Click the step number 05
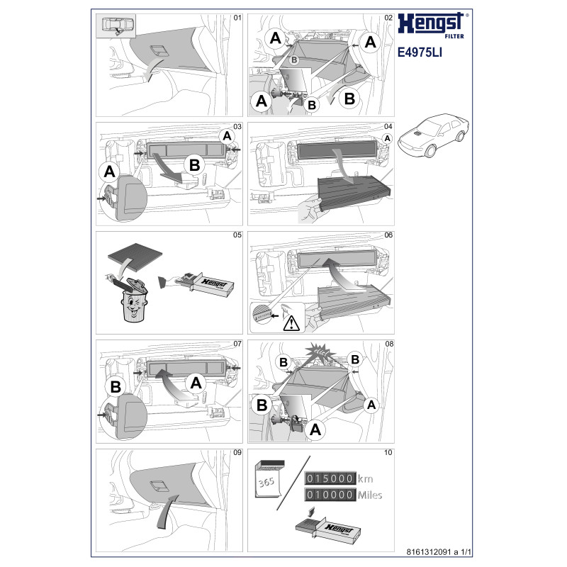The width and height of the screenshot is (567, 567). pyautogui.click(x=237, y=235)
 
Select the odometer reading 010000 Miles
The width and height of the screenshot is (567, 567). pyautogui.click(x=343, y=494)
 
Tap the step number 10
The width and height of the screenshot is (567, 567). pyautogui.click(x=388, y=453)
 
